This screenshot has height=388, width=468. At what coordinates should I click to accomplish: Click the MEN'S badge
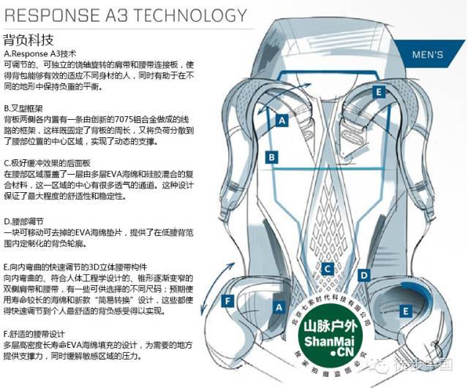tap(429, 55)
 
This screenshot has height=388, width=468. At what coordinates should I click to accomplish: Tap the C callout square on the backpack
tap(328, 268)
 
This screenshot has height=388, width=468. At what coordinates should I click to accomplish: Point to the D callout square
tap(363, 275)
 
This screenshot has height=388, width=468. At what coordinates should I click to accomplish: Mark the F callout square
tap(228, 300)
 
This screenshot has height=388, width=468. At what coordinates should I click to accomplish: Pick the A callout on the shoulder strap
tap(280, 123)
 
